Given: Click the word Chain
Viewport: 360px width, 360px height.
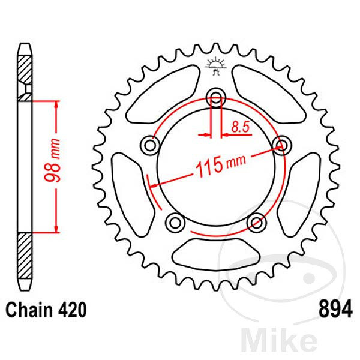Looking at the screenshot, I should tap(29, 310).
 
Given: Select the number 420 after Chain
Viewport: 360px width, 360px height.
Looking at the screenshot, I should tap(73, 310).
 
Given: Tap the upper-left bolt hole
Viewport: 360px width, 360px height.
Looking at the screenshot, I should tap(150, 145).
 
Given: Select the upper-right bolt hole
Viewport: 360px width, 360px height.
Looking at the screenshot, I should tap(279, 143).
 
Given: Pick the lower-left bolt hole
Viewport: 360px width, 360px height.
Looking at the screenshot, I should tap(175, 221).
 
